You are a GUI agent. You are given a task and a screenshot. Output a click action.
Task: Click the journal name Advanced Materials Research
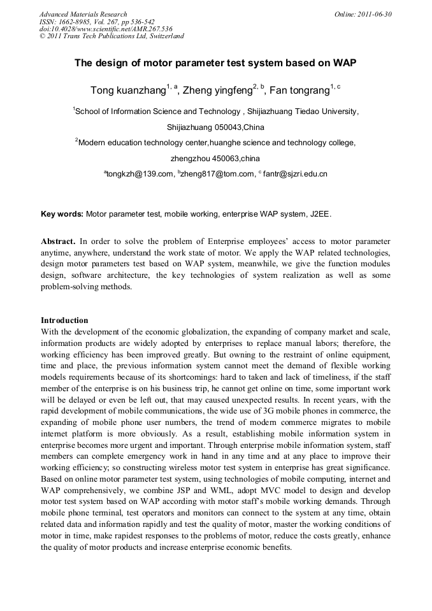[83, 14]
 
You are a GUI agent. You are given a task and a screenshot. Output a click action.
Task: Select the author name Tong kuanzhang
[127, 90]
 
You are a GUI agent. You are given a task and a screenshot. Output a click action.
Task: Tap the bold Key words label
[62, 215]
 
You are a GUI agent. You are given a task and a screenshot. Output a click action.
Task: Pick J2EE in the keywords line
[320, 215]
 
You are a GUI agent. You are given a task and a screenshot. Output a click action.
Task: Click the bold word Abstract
[58, 242]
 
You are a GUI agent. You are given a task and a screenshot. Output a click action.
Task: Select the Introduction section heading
[64, 320]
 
